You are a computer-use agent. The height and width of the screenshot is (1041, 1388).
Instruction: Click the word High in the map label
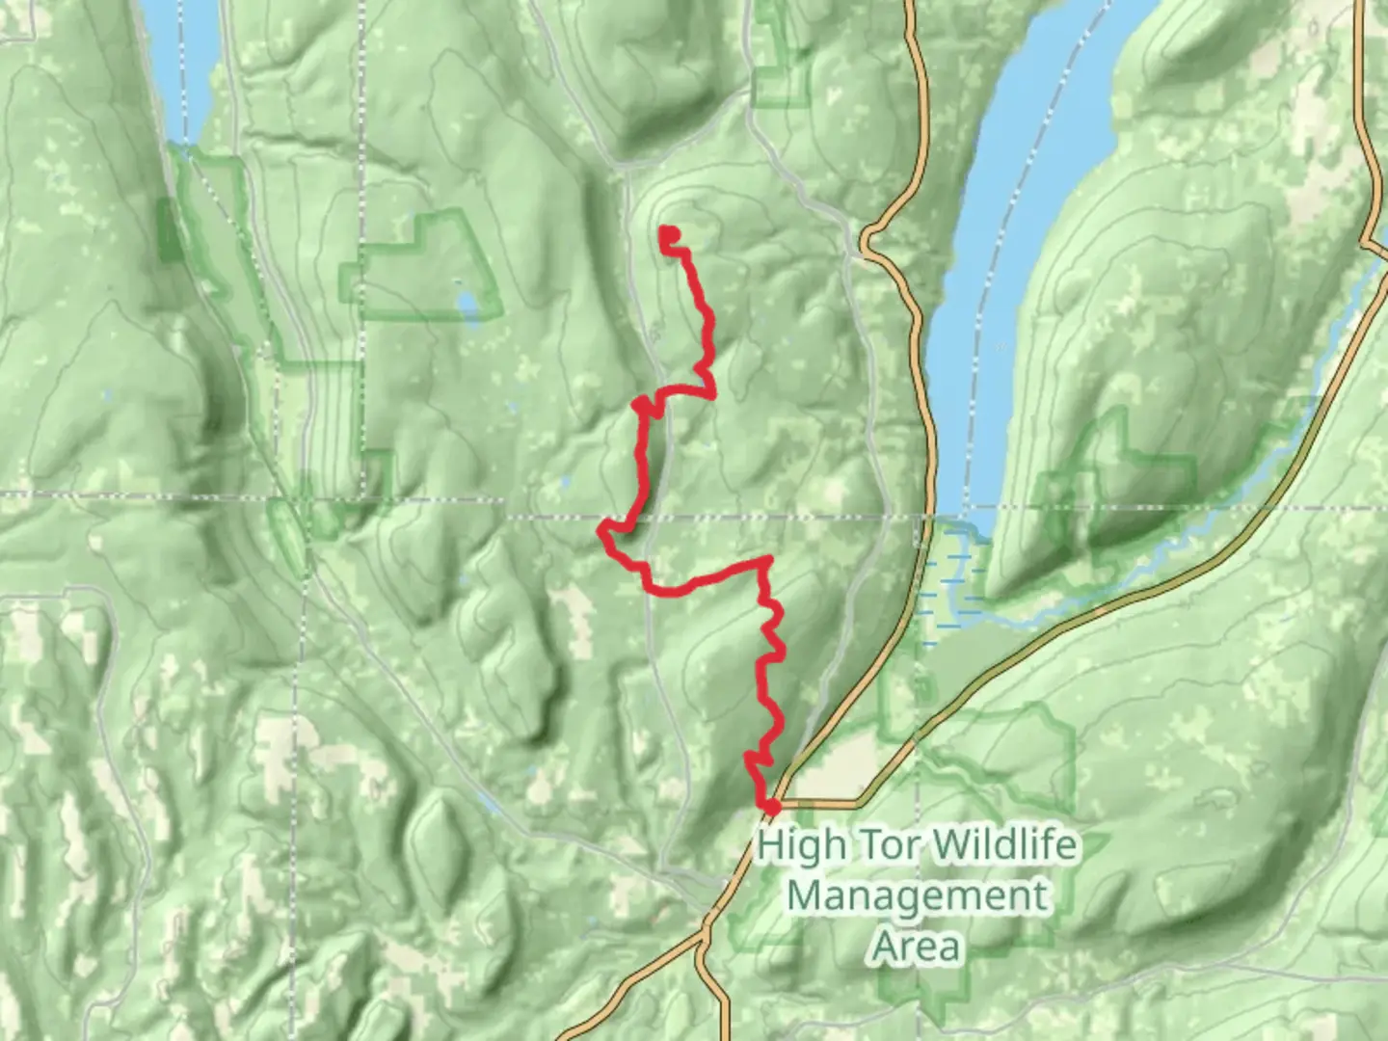pos(802,846)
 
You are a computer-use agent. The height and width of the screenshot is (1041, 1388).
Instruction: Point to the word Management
pos(916,896)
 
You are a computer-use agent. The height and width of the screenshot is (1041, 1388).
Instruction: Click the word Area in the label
pos(917,947)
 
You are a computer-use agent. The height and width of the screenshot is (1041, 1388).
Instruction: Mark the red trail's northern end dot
pos(667,232)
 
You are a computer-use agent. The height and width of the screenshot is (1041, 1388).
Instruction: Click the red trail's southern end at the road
pos(771,805)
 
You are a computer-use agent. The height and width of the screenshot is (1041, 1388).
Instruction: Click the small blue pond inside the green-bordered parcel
pos(467,305)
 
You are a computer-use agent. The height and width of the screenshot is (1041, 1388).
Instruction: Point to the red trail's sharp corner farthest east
pos(767,560)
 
